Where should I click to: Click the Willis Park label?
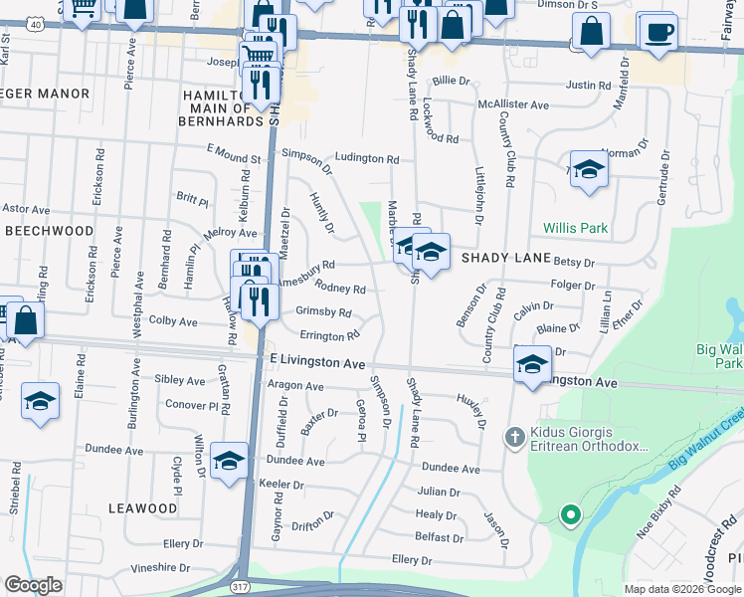pyautogui.click(x=575, y=228)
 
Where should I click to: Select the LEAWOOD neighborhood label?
pyautogui.click(x=142, y=508)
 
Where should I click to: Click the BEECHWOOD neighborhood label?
pyautogui.click(x=50, y=230)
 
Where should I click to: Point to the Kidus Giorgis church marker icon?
pyautogui.click(x=514, y=436)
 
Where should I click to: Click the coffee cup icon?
pyautogui.click(x=657, y=32)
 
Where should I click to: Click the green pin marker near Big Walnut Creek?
pyautogui.click(x=569, y=515)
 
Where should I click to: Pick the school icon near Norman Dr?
pyautogui.click(x=589, y=169)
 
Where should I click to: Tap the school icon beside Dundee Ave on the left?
pyautogui.click(x=229, y=462)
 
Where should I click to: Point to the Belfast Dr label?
pyautogui.click(x=440, y=537)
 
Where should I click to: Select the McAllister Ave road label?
pyautogui.click(x=513, y=104)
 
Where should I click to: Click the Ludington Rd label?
pyautogui.click(x=366, y=158)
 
